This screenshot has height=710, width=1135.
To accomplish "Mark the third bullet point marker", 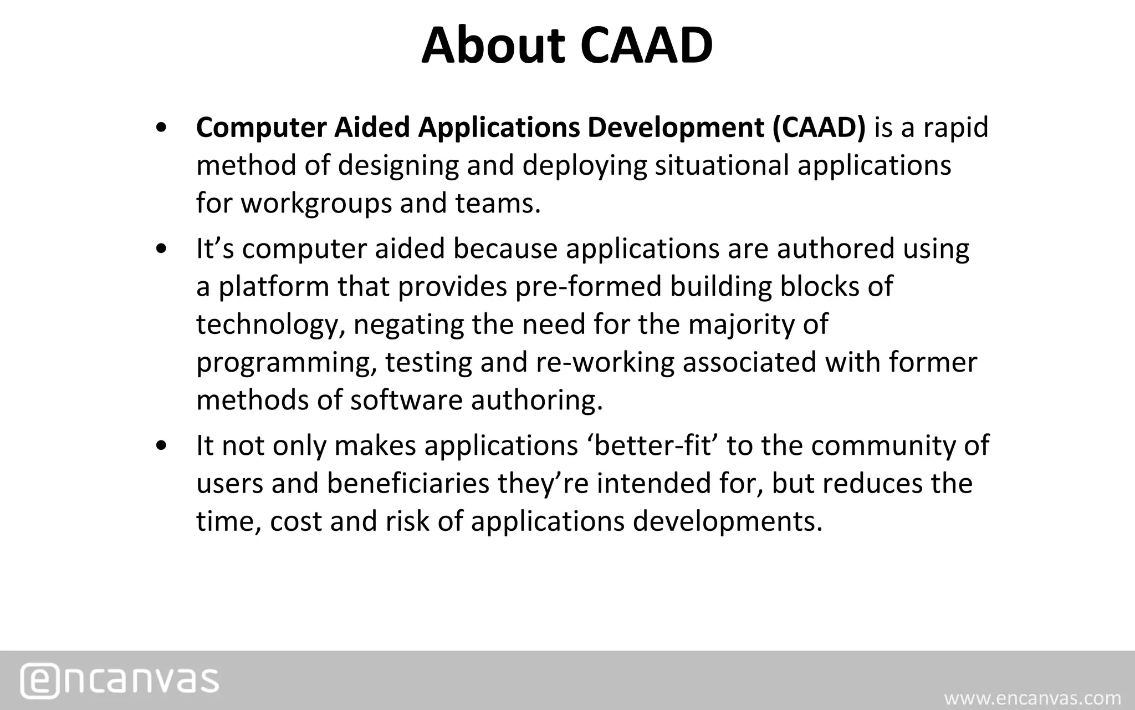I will pos(161,447).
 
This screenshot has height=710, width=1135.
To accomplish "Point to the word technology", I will pos(267,324).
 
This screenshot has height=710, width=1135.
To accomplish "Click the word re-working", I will pos(605,362).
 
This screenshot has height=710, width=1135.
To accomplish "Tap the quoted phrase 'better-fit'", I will pos(652,445).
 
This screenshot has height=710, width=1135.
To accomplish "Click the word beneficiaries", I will pos(408,483).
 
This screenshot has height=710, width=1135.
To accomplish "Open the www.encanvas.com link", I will pos(1032,698).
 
